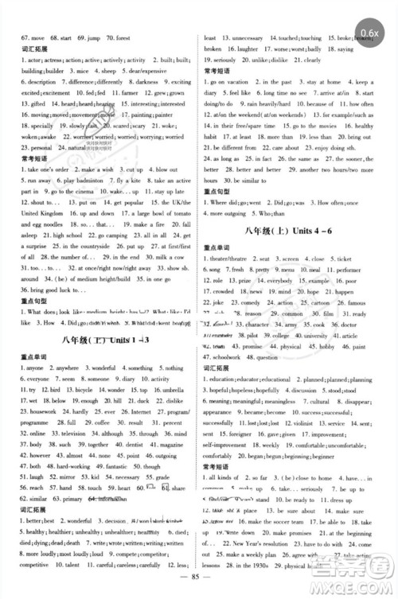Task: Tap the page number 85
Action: click(x=199, y=586)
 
